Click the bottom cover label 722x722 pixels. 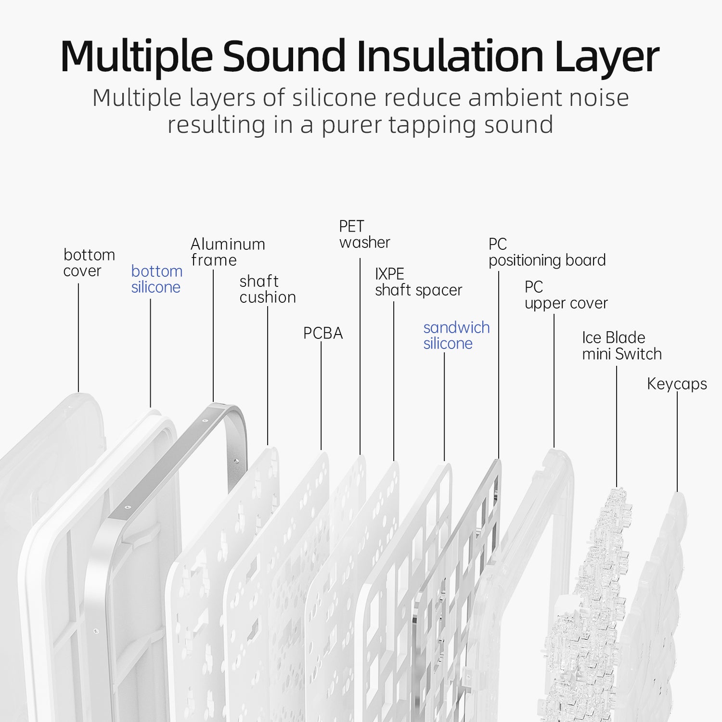(x=89, y=263)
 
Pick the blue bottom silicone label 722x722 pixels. (x=156, y=279)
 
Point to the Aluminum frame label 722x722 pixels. (x=227, y=252)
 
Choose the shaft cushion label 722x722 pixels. (x=267, y=289)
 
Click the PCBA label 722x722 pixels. (x=322, y=333)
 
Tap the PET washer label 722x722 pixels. (x=364, y=234)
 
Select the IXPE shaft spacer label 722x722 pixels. (x=418, y=282)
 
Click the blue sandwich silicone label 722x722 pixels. (x=456, y=335)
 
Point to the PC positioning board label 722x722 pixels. (x=546, y=252)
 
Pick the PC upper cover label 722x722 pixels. (x=566, y=295)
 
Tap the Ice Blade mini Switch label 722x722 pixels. (x=621, y=346)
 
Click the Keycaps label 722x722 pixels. (x=677, y=384)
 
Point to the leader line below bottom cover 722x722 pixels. (x=78, y=337)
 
